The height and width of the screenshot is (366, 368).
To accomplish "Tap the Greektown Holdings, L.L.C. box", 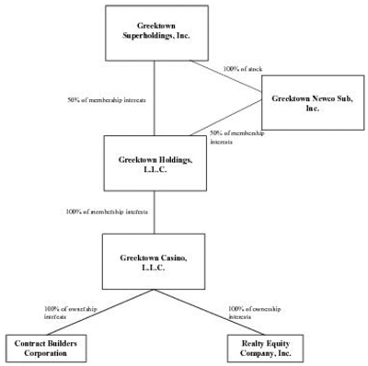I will [154, 165].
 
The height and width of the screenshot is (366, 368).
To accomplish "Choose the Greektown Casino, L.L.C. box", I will [154, 261].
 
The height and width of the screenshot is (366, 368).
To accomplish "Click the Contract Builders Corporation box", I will [44, 347].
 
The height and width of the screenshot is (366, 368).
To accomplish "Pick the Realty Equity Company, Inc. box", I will [262, 347].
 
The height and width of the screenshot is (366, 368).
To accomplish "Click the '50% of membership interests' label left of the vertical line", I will [107, 99].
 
